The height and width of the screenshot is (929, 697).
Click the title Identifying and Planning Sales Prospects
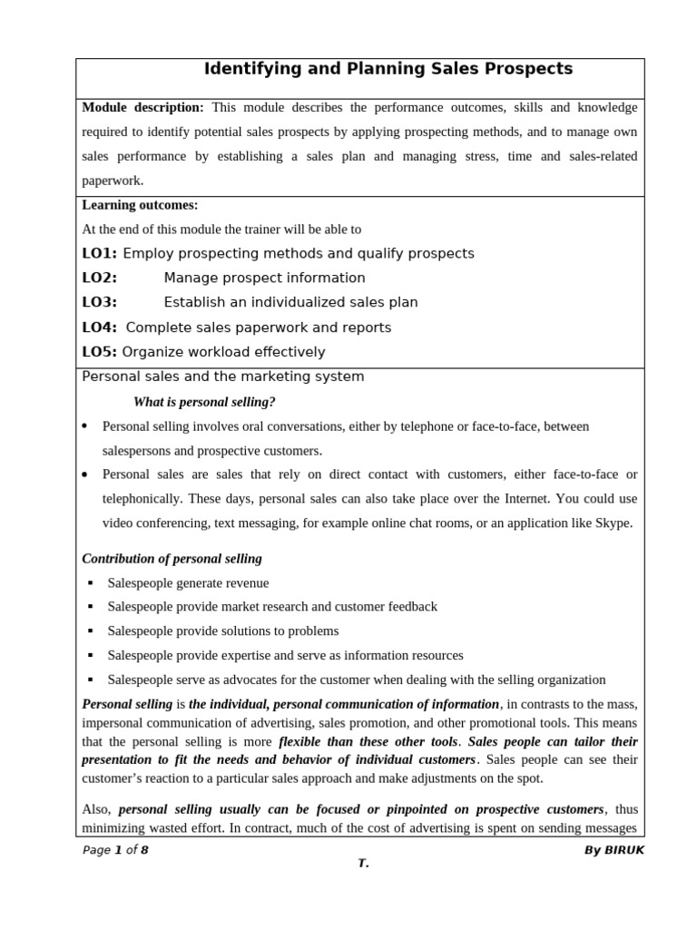click(x=388, y=69)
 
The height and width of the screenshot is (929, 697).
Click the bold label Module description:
click(x=142, y=107)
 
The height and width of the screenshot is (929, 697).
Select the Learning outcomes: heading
click(x=140, y=205)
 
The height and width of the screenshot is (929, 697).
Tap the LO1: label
click(x=100, y=253)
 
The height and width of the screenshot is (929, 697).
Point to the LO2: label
click(x=100, y=278)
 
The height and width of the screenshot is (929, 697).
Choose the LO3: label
click(x=100, y=302)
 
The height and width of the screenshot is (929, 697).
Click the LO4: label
click(x=100, y=327)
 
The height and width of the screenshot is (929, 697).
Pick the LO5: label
click(x=100, y=352)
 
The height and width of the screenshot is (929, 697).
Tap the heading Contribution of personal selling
click(x=172, y=558)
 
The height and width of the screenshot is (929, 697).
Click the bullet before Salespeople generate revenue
click(x=91, y=582)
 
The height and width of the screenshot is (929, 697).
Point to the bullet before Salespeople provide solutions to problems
click(x=91, y=631)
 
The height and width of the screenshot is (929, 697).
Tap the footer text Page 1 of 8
click(x=115, y=850)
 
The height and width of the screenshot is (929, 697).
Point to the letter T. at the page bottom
click(x=363, y=864)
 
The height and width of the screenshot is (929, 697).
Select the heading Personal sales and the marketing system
click(x=223, y=376)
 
